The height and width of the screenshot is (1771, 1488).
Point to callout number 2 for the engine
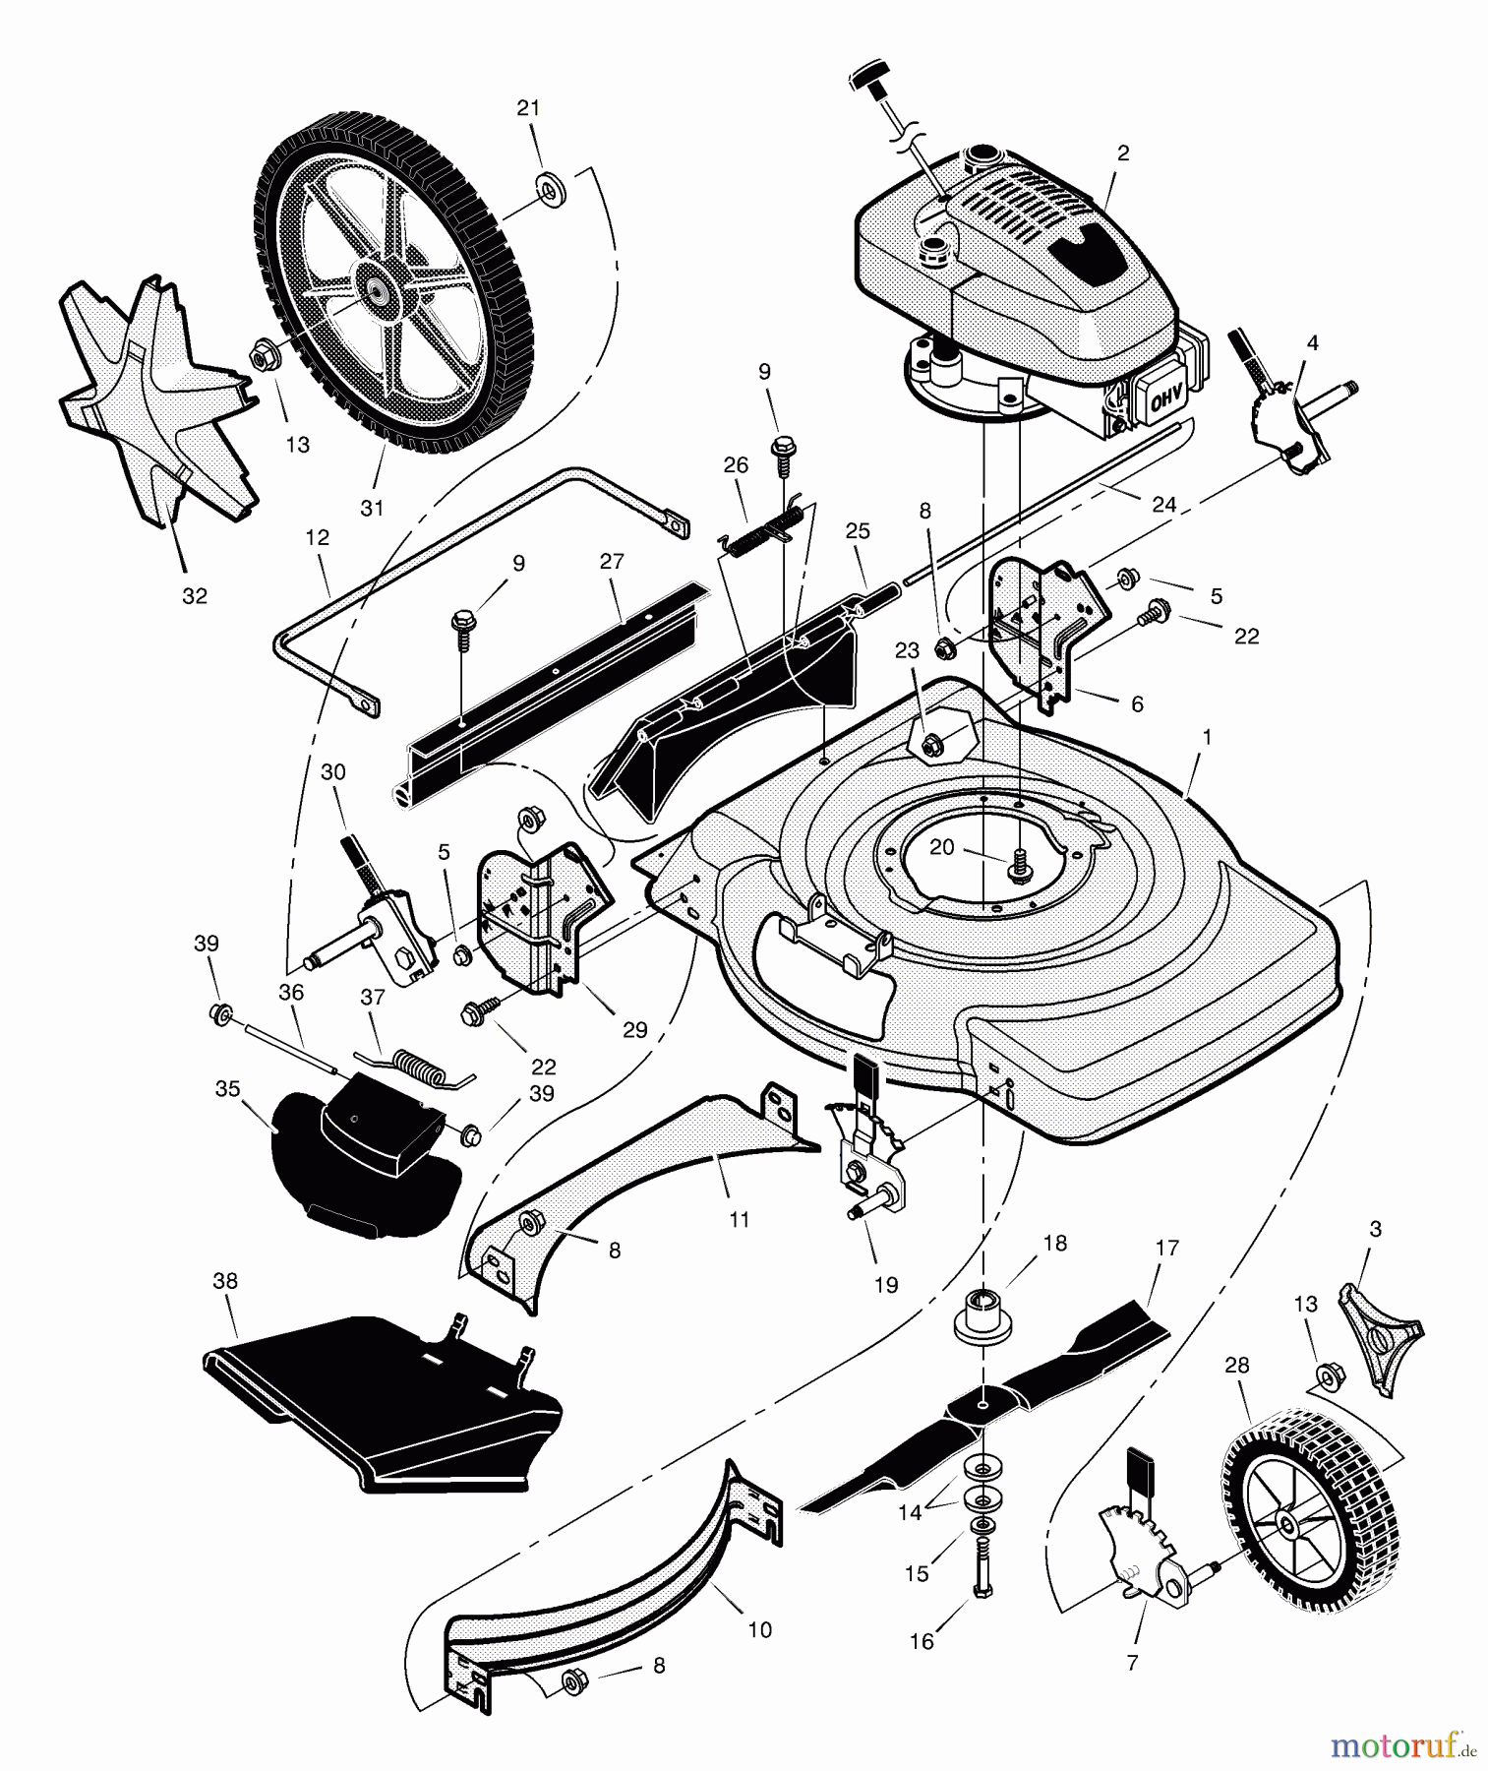tap(1123, 153)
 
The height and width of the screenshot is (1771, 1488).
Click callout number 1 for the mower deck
tap(1207, 737)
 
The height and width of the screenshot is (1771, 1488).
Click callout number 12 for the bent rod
tap(317, 538)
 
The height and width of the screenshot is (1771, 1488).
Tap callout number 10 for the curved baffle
tap(759, 1629)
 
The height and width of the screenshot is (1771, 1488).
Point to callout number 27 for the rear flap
tap(612, 562)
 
